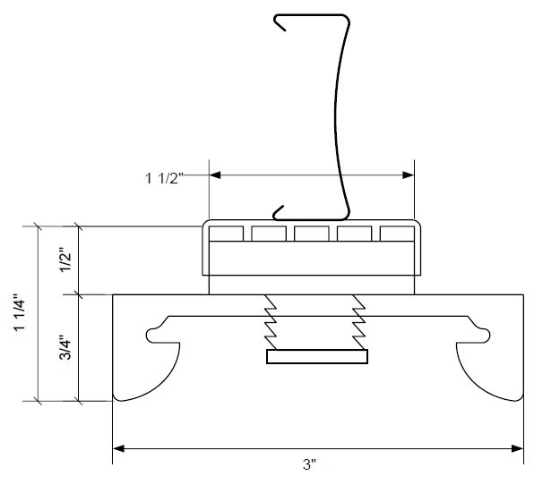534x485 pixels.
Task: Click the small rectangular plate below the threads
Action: pyautogui.click(x=317, y=358)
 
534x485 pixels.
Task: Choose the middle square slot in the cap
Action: pyautogui.click(x=310, y=234)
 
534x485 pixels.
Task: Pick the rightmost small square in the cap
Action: pyautogui.click(x=396, y=234)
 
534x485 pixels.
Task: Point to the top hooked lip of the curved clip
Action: pyautogui.click(x=285, y=20)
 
